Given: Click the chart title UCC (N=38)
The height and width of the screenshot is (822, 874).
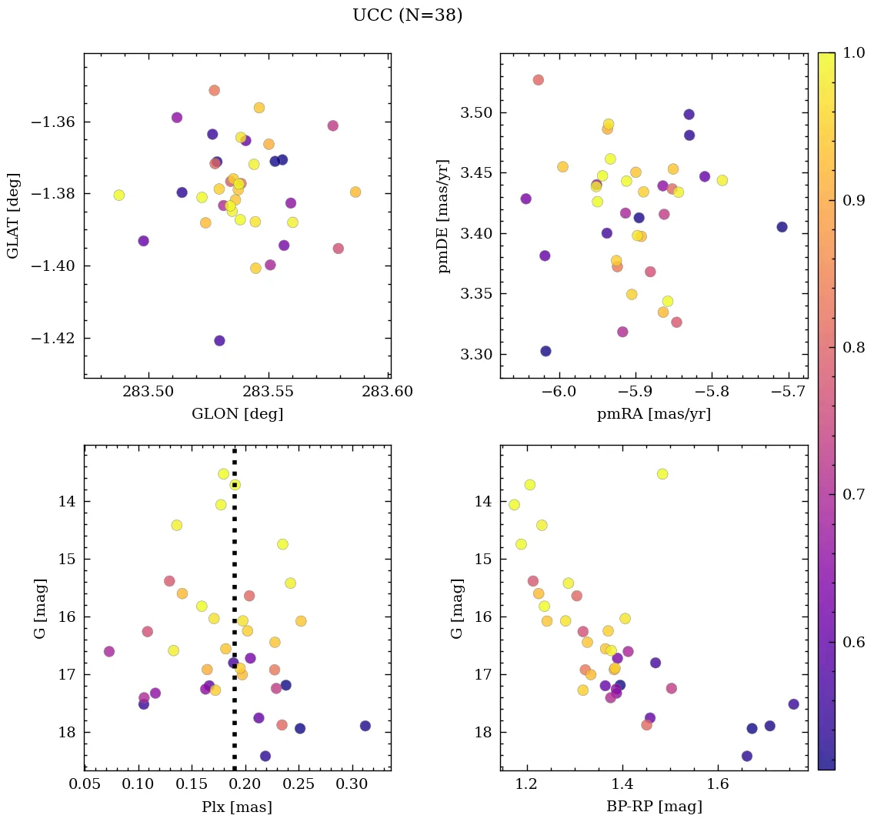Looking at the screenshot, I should coord(407,15).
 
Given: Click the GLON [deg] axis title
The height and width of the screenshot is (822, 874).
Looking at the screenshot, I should coord(237,414).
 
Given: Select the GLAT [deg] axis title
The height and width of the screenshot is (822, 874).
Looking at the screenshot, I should coord(13,216).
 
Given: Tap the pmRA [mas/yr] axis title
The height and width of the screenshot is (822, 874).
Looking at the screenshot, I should coord(653,414).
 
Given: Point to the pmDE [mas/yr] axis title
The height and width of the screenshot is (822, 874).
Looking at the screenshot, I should coord(444,216).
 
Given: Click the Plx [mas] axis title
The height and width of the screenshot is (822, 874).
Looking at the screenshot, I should coord(237,807).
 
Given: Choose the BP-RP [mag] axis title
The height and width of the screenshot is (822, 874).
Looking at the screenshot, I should coord(653,807).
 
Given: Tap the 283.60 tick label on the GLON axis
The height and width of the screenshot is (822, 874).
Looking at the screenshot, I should coord(388,392).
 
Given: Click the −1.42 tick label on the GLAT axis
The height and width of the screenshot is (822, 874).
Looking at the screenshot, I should coord(51,338).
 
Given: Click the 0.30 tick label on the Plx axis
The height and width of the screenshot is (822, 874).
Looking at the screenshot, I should coord(352,784).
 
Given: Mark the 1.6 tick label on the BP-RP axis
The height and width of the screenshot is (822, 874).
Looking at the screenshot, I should coord(718,784).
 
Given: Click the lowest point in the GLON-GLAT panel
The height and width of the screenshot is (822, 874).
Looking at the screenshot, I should coord(219,340).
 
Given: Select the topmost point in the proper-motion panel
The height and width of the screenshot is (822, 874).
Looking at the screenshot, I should coord(539,80).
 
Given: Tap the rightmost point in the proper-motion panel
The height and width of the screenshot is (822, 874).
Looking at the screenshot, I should coord(782,227).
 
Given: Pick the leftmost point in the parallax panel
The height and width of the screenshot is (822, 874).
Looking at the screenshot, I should coord(109,651).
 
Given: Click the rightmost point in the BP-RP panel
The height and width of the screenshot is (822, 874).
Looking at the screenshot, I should coord(793,704).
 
